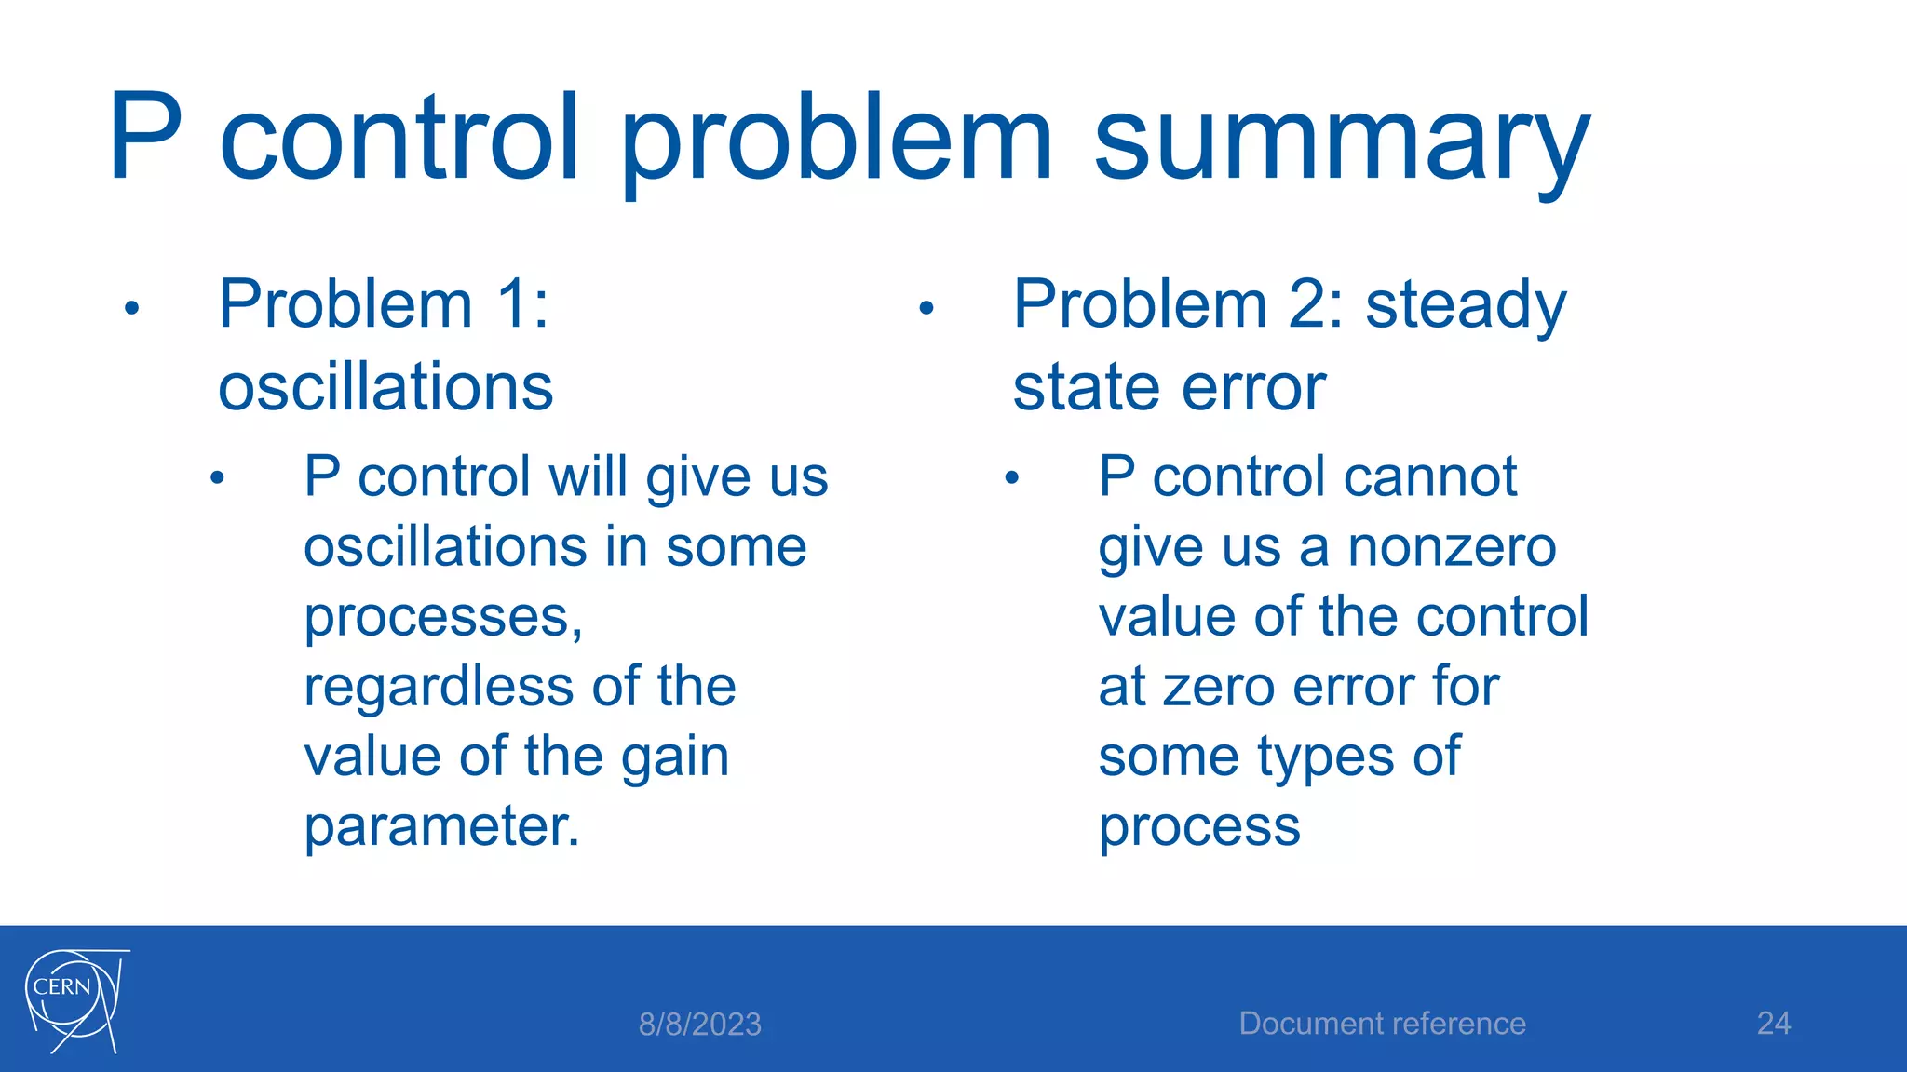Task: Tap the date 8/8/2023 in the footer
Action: point(699,1025)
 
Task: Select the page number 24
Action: point(1773,1024)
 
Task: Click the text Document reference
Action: point(1382,1024)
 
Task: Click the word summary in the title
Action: point(1341,140)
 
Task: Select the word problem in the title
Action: point(836,140)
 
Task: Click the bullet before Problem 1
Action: point(132,308)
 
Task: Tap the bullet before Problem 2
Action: point(926,308)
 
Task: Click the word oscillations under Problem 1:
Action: point(385,387)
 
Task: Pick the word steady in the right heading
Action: point(1466,305)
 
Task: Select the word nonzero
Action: point(1452,547)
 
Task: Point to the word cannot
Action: point(1429,477)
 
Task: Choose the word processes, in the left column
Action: point(443,618)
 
